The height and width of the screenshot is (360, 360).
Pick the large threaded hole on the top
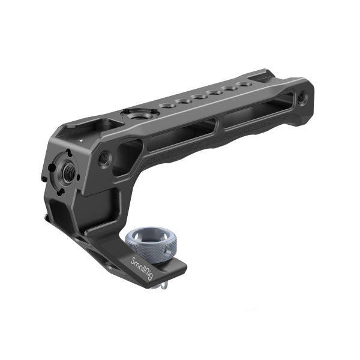131,113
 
